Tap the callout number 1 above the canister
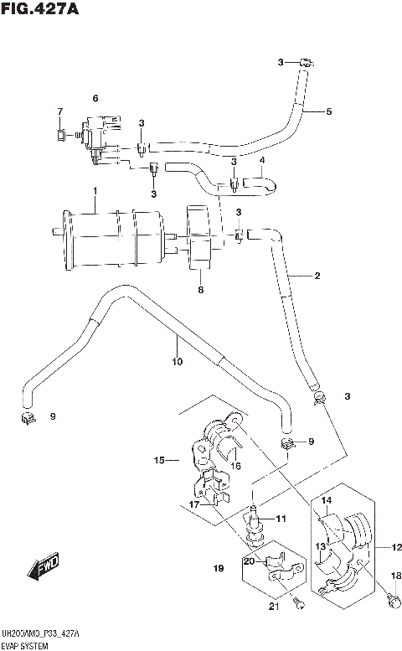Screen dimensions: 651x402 95,191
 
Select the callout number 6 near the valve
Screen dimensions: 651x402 95,99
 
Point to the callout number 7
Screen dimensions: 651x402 59,111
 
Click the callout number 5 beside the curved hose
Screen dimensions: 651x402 329,111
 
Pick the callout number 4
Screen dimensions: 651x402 261,161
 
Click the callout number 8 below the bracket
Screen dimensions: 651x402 200,291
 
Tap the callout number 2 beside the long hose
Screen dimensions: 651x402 317,276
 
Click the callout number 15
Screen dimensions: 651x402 158,460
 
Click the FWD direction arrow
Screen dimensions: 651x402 44,571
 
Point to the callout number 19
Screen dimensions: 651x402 219,569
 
